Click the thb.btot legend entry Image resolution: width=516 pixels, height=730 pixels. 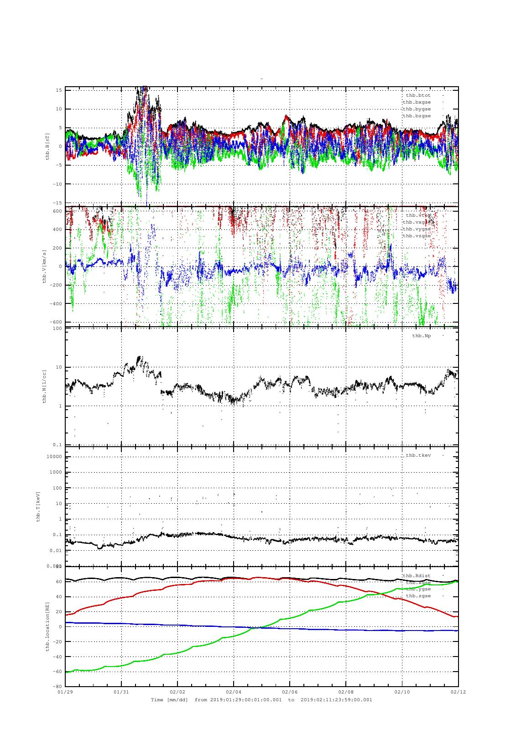(x=417, y=95)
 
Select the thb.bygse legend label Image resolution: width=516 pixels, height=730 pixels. (x=417, y=109)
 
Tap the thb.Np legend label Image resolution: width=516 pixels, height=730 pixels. (x=421, y=336)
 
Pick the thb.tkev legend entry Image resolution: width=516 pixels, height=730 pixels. (x=418, y=455)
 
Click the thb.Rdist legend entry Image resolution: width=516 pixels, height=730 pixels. (x=416, y=576)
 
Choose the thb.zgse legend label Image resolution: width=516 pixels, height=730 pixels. (x=418, y=596)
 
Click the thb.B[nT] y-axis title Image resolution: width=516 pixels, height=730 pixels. (x=47, y=146)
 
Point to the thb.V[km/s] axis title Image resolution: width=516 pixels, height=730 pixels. (x=44, y=266)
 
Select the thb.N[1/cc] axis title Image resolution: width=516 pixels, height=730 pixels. (x=44, y=386)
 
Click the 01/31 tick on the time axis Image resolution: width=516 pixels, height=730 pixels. (x=121, y=692)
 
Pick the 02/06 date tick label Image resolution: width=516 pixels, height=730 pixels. (x=290, y=692)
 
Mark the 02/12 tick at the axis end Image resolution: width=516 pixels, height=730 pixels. (x=458, y=692)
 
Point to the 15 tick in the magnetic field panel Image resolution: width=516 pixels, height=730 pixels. (x=59, y=90)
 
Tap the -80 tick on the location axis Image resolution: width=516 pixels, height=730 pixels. (x=57, y=686)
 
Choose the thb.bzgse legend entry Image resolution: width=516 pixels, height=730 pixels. (x=417, y=116)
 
